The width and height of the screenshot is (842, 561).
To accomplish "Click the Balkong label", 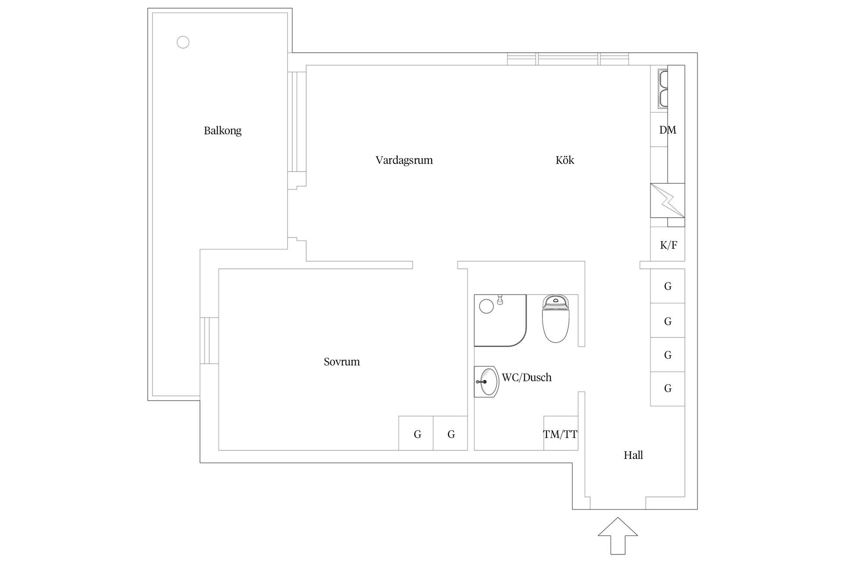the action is [222, 131].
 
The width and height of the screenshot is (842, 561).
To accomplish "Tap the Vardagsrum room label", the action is [404, 160].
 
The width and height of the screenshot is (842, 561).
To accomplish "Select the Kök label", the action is [565, 160].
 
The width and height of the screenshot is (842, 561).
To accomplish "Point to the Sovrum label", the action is [342, 362].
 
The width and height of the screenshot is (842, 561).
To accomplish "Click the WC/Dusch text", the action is [527, 377].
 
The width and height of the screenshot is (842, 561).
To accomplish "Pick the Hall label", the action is [633, 455].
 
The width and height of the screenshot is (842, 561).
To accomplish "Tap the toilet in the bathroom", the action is [556, 319].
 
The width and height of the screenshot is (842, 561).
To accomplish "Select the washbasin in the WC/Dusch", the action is [486, 382].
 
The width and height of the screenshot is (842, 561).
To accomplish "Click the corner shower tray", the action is [500, 320].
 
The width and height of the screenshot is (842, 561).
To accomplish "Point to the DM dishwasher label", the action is [667, 130].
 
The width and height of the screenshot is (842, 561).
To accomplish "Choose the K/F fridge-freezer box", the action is [667, 244].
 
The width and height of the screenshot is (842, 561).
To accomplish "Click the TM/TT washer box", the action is [560, 433].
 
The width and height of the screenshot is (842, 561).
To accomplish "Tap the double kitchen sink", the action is [663, 89].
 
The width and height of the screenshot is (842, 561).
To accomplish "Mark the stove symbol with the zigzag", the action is [667, 200].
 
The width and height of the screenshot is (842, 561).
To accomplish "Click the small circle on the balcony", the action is [183, 42].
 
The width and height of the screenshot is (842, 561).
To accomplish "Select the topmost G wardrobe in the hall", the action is [667, 286].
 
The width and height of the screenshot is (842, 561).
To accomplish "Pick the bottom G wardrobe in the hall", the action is [667, 389].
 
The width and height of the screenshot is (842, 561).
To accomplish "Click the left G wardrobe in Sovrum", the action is [416, 433].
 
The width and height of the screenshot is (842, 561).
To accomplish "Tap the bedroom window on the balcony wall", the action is [209, 340].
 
